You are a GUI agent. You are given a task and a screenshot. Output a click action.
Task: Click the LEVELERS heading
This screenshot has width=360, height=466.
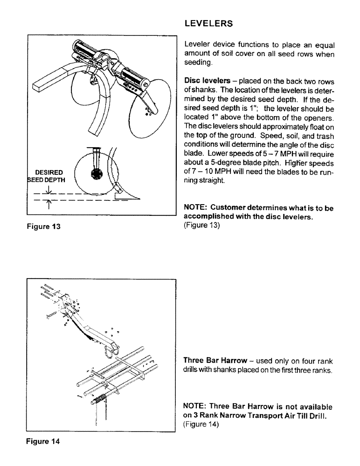pos(209,23)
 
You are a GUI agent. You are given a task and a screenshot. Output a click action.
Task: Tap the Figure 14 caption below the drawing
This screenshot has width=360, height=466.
pos(43,440)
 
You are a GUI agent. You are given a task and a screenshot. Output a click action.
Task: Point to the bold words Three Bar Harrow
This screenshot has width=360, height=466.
pos(215,361)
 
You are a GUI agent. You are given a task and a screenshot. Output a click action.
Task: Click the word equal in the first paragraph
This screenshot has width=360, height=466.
pos(325,45)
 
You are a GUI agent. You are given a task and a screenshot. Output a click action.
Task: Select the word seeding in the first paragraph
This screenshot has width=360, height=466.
pos(198,62)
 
